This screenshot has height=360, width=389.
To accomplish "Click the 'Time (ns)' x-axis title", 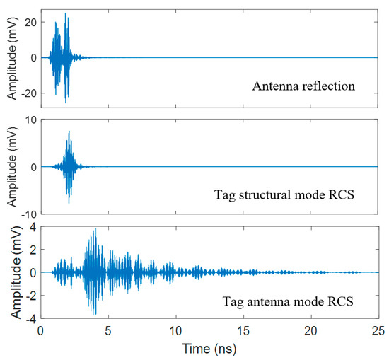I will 210,349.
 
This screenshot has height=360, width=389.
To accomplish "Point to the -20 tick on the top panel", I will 28,93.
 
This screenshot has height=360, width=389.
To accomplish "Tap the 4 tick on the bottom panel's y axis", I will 33,227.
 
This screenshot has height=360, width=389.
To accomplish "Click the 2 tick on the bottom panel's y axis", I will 33,250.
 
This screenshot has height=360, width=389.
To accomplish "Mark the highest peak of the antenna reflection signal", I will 66,13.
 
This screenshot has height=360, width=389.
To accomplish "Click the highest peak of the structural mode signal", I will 69,131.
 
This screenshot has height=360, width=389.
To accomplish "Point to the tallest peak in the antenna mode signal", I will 95,229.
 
